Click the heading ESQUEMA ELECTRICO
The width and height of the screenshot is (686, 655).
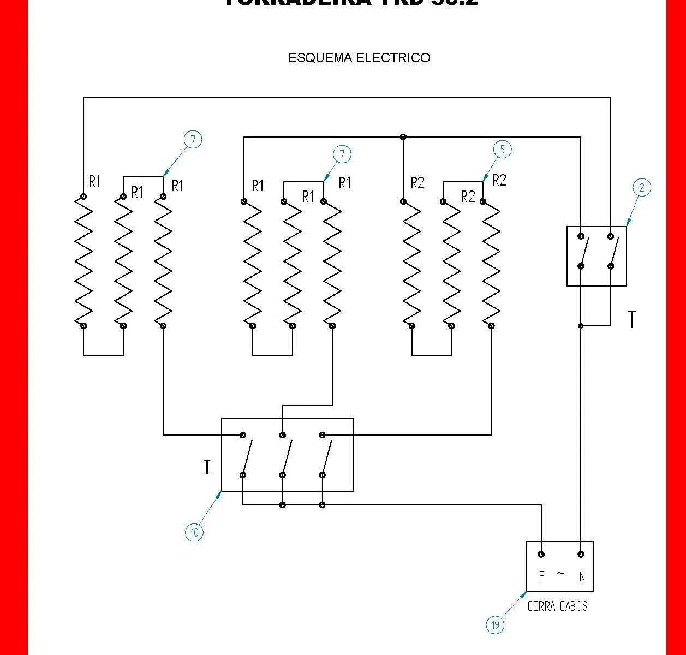[x=359, y=58]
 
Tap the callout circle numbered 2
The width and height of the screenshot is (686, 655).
[x=642, y=188]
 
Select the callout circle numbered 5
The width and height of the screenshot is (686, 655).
[x=502, y=149]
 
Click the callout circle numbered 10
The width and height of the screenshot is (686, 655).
[x=194, y=532]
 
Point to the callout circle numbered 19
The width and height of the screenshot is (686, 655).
[x=495, y=625]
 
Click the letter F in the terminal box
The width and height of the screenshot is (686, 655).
[x=541, y=576]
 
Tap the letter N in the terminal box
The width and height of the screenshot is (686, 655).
[x=582, y=576]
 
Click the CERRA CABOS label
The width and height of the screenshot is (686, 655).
[x=557, y=606]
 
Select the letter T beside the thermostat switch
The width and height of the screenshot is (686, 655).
[x=632, y=319]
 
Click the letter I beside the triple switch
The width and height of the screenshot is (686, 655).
[x=207, y=468]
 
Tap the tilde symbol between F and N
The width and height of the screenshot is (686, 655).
[x=561, y=574]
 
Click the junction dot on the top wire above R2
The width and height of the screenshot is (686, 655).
[x=403, y=137]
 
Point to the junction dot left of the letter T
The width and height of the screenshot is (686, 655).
[x=581, y=326]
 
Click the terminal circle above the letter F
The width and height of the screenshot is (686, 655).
[x=541, y=555]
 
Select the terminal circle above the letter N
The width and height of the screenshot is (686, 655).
[x=581, y=555]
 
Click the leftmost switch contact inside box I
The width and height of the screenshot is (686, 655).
[x=247, y=455]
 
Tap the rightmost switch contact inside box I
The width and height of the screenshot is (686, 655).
[x=326, y=455]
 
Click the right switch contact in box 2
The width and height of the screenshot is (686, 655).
[x=613, y=252]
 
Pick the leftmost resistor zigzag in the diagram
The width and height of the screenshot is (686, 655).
[x=83, y=261]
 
